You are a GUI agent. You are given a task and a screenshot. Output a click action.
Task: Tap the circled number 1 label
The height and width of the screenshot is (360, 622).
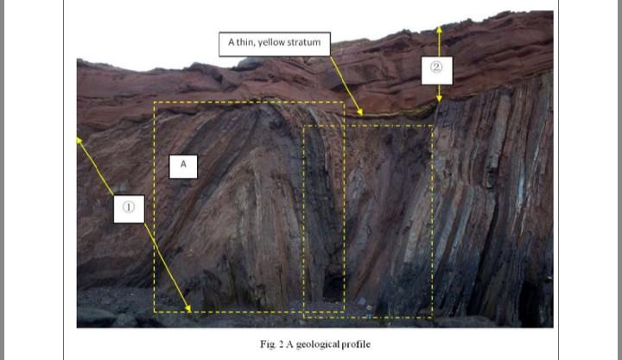[128, 206]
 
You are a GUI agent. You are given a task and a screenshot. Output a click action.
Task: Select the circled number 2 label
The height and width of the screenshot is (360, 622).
[436, 69]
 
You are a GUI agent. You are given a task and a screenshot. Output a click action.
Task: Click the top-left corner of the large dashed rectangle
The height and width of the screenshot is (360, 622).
[155, 102]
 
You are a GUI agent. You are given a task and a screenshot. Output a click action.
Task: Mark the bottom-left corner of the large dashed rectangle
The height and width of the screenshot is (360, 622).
[155, 312]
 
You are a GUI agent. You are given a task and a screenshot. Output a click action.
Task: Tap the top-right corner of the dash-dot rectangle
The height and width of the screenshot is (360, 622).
[433, 126]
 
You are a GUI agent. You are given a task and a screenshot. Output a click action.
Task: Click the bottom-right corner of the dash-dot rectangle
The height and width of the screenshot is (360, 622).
[433, 317]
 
